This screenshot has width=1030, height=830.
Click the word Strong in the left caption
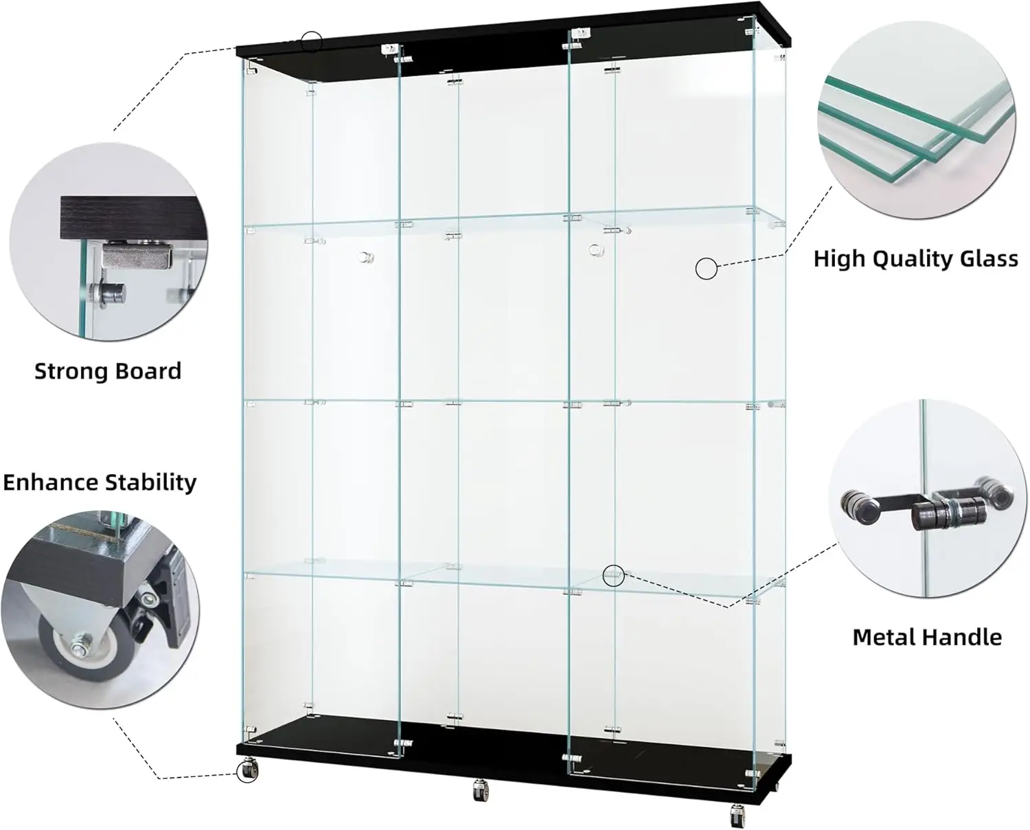click(x=70, y=371)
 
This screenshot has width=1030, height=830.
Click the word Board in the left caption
click(x=147, y=371)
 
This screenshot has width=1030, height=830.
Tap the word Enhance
click(x=51, y=482)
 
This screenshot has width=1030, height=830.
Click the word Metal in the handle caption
click(x=884, y=638)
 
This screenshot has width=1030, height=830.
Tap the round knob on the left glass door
click(x=365, y=258)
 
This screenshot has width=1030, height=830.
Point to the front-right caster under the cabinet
click(x=738, y=816)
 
